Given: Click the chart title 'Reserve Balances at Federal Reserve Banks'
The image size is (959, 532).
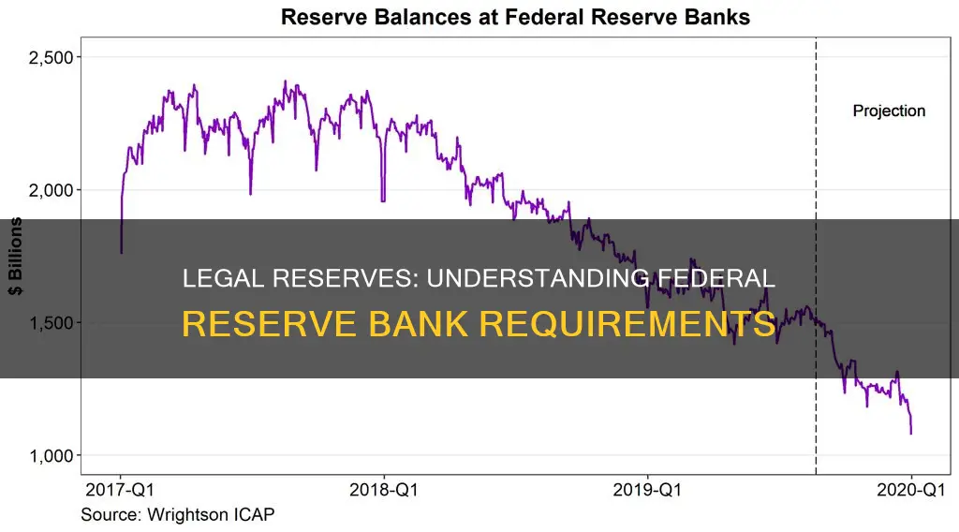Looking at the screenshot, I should click(x=513, y=16).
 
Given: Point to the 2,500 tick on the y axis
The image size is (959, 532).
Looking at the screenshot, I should click(x=49, y=57).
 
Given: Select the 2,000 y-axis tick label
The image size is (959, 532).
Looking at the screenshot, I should click(x=49, y=190).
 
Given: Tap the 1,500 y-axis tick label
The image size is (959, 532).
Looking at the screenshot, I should click(x=49, y=323).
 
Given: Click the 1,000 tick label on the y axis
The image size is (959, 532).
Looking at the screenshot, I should click(x=49, y=456).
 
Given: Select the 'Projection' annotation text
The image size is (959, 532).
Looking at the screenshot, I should click(x=889, y=111).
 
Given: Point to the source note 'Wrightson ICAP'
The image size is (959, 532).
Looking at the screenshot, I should click(x=178, y=514).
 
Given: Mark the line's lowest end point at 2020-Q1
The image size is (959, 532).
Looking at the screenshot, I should click(x=911, y=433).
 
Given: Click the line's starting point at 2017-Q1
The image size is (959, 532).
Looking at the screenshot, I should click(x=121, y=252).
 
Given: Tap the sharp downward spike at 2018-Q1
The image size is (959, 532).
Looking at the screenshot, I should click(x=383, y=200).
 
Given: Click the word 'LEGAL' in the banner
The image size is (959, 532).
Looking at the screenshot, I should click(x=214, y=279).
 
